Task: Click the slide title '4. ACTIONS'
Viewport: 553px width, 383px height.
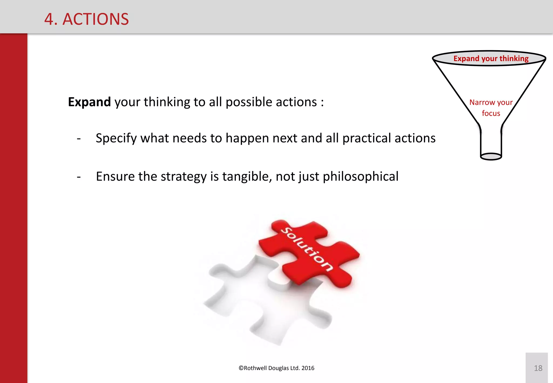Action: pyautogui.click(x=86, y=19)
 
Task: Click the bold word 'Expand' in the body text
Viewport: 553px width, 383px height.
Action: pyautogui.click(x=89, y=102)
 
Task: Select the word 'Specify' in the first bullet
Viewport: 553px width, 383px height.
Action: pyautogui.click(x=116, y=138)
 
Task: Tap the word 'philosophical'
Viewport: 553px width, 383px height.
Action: pyautogui.click(x=360, y=177)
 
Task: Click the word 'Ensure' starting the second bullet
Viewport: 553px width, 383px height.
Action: pyautogui.click(x=115, y=177)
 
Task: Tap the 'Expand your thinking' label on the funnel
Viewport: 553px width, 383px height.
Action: pyautogui.click(x=491, y=59)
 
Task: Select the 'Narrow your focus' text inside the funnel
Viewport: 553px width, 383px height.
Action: pyautogui.click(x=491, y=107)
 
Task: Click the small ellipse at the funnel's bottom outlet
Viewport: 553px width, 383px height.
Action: pyautogui.click(x=491, y=156)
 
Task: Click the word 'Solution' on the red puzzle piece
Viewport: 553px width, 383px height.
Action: pyautogui.click(x=306, y=249)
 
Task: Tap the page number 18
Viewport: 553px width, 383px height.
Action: pyautogui.click(x=538, y=368)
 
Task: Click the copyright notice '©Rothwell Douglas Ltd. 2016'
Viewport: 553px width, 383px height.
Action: pyautogui.click(x=276, y=368)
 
